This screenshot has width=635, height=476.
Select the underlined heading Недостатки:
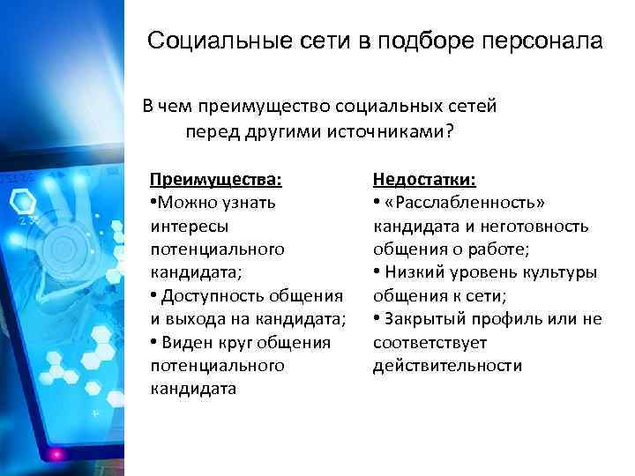coord(424,180)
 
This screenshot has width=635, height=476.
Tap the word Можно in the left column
coord(189,203)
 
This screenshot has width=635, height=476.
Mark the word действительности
coord(447,365)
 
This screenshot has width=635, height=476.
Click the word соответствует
coord(430,342)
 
